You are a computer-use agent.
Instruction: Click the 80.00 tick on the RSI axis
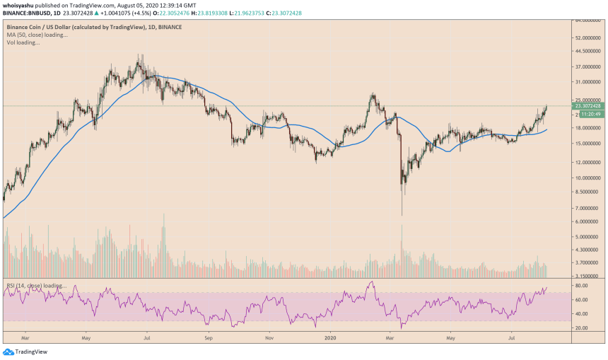pos(582,285)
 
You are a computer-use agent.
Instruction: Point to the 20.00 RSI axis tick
pos(582,328)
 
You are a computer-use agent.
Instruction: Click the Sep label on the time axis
pos(209,339)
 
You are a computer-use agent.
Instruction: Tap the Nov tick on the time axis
pos(269,339)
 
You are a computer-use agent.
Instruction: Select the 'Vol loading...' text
pos(23,42)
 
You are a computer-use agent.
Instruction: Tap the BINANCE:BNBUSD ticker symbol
pos(28,13)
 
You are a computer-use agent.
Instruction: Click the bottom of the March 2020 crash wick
pos(402,215)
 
